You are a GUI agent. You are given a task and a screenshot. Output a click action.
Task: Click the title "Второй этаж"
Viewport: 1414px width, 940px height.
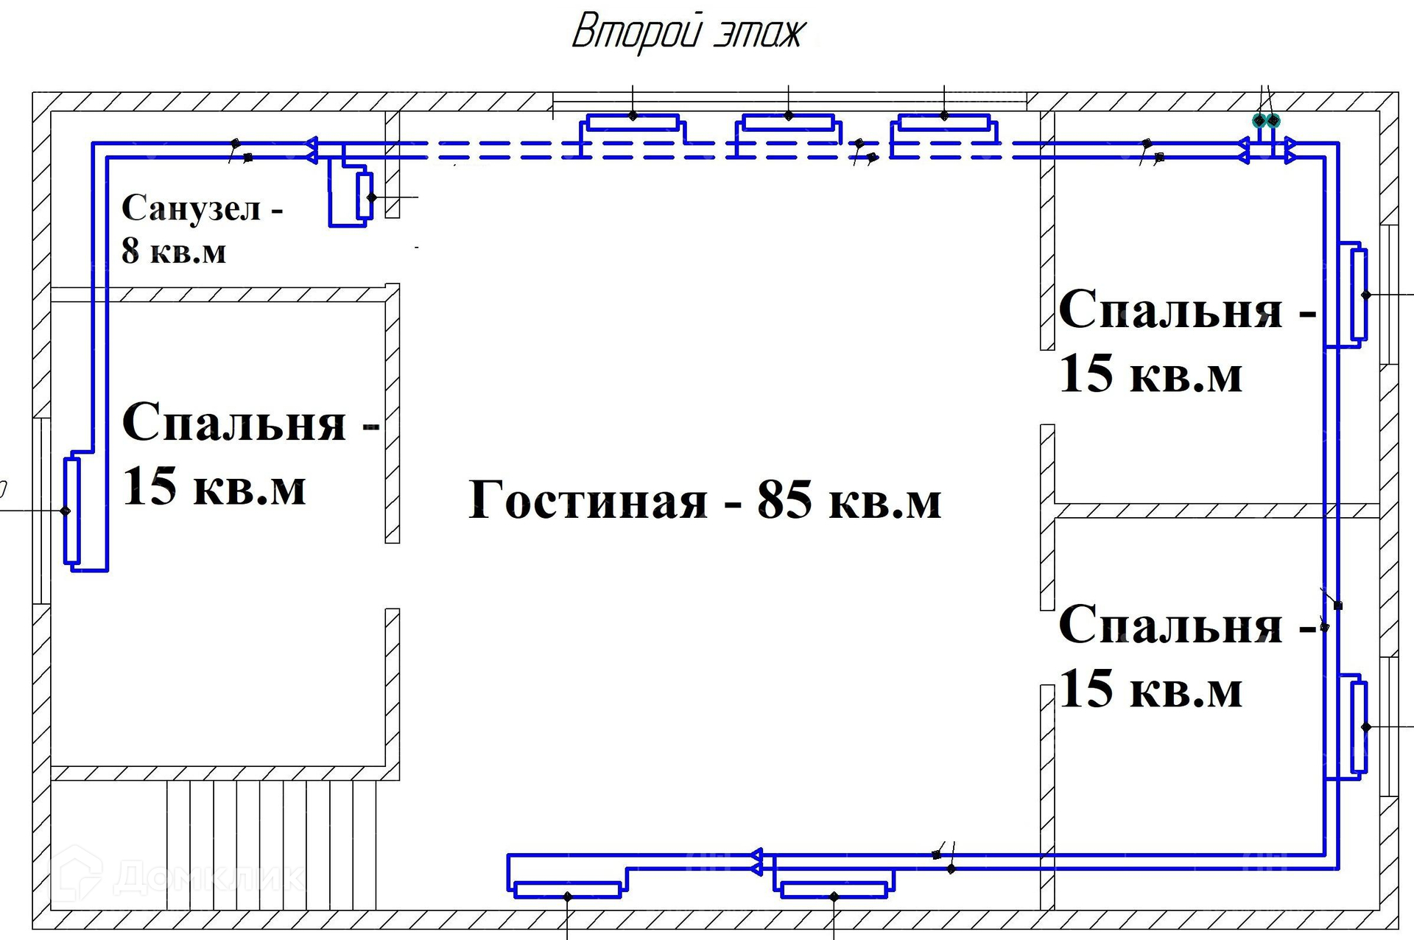click(688, 33)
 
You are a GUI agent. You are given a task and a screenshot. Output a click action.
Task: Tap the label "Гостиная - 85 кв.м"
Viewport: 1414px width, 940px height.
click(705, 500)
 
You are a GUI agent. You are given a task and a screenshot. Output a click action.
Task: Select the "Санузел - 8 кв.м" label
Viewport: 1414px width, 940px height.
click(202, 229)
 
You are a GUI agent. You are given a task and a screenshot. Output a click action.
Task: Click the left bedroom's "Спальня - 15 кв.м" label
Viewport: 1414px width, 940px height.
click(250, 454)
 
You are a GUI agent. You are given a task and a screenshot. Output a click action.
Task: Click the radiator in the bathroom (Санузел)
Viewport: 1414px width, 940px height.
click(364, 197)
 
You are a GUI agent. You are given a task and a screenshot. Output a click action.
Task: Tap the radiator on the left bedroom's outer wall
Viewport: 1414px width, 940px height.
click(71, 511)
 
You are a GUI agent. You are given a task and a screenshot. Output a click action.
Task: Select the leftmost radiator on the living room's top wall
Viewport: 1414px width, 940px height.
click(633, 122)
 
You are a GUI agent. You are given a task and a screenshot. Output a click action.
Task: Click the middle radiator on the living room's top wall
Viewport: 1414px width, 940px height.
click(788, 122)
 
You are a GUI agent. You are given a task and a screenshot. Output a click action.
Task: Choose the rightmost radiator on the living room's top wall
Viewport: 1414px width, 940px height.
click(944, 122)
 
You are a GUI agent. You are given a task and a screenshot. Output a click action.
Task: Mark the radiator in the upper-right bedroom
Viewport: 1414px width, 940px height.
click(1359, 295)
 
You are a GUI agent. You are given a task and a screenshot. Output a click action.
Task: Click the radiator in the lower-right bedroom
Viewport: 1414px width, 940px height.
click(1359, 727)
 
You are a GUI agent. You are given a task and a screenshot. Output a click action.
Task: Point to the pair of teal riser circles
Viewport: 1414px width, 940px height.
click(1267, 120)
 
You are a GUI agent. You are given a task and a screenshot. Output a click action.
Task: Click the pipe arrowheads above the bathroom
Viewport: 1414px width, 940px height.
click(312, 150)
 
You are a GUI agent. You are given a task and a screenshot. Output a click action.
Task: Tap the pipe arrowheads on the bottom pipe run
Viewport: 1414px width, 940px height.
click(756, 862)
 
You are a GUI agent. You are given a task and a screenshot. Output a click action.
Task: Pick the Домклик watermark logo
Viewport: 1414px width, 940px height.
click(177, 876)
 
